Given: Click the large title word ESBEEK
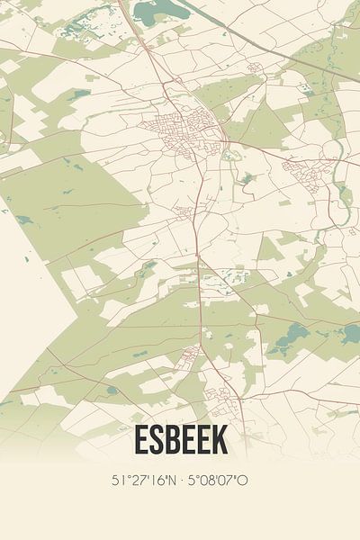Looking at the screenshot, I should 180,440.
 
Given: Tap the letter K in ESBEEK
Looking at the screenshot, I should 219,440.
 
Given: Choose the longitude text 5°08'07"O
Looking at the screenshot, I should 217,481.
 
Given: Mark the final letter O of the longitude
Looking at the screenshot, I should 243,481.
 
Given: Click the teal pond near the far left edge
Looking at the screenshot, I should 22,219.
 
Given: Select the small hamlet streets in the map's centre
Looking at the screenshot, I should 185,212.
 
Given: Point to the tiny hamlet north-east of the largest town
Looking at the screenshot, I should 255,68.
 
